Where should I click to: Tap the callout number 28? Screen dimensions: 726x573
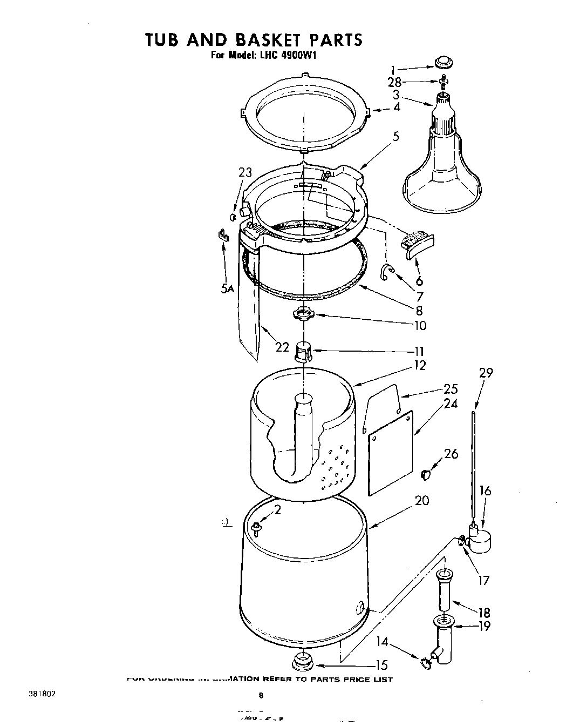point(394,82)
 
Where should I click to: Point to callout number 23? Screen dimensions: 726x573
point(245,172)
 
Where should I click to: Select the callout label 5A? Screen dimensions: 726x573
point(227,289)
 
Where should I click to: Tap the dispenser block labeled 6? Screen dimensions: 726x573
point(418,240)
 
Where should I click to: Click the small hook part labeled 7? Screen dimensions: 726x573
point(387,271)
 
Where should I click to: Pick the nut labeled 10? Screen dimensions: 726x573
point(304,313)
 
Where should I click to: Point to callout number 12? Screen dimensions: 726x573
point(419,366)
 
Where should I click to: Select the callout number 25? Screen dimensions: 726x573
point(451,388)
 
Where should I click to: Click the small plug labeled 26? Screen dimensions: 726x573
point(426,474)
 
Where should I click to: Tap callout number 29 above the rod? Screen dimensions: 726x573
point(486,373)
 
